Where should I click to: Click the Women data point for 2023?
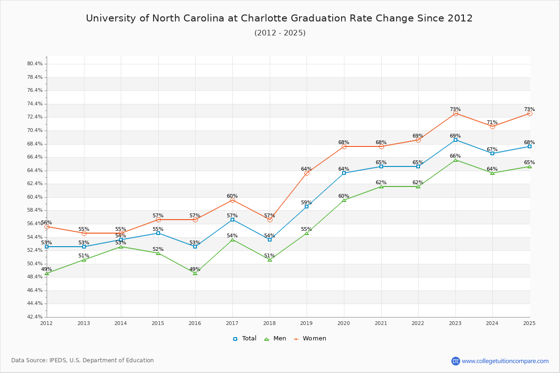tap(455, 113)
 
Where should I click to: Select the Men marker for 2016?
tap(195, 273)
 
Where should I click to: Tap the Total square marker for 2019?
tap(307, 207)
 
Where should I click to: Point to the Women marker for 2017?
tap(232, 200)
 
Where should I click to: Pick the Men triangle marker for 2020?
tap(344, 200)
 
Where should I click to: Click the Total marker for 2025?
tap(530, 146)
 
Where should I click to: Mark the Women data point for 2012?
tap(47, 227)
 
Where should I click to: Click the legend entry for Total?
tap(245, 338)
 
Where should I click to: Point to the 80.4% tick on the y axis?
tap(35, 64)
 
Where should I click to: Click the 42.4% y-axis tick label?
tap(35, 317)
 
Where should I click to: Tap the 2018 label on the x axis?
tap(270, 323)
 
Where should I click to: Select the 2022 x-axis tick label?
tap(418, 323)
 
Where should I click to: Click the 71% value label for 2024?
tap(492, 123)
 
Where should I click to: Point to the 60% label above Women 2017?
tap(232, 196)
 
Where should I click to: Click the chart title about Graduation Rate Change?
tap(279, 18)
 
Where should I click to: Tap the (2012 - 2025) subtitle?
tap(280, 33)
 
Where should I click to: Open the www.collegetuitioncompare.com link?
tap(505, 361)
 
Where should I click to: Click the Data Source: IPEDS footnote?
tap(83, 360)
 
